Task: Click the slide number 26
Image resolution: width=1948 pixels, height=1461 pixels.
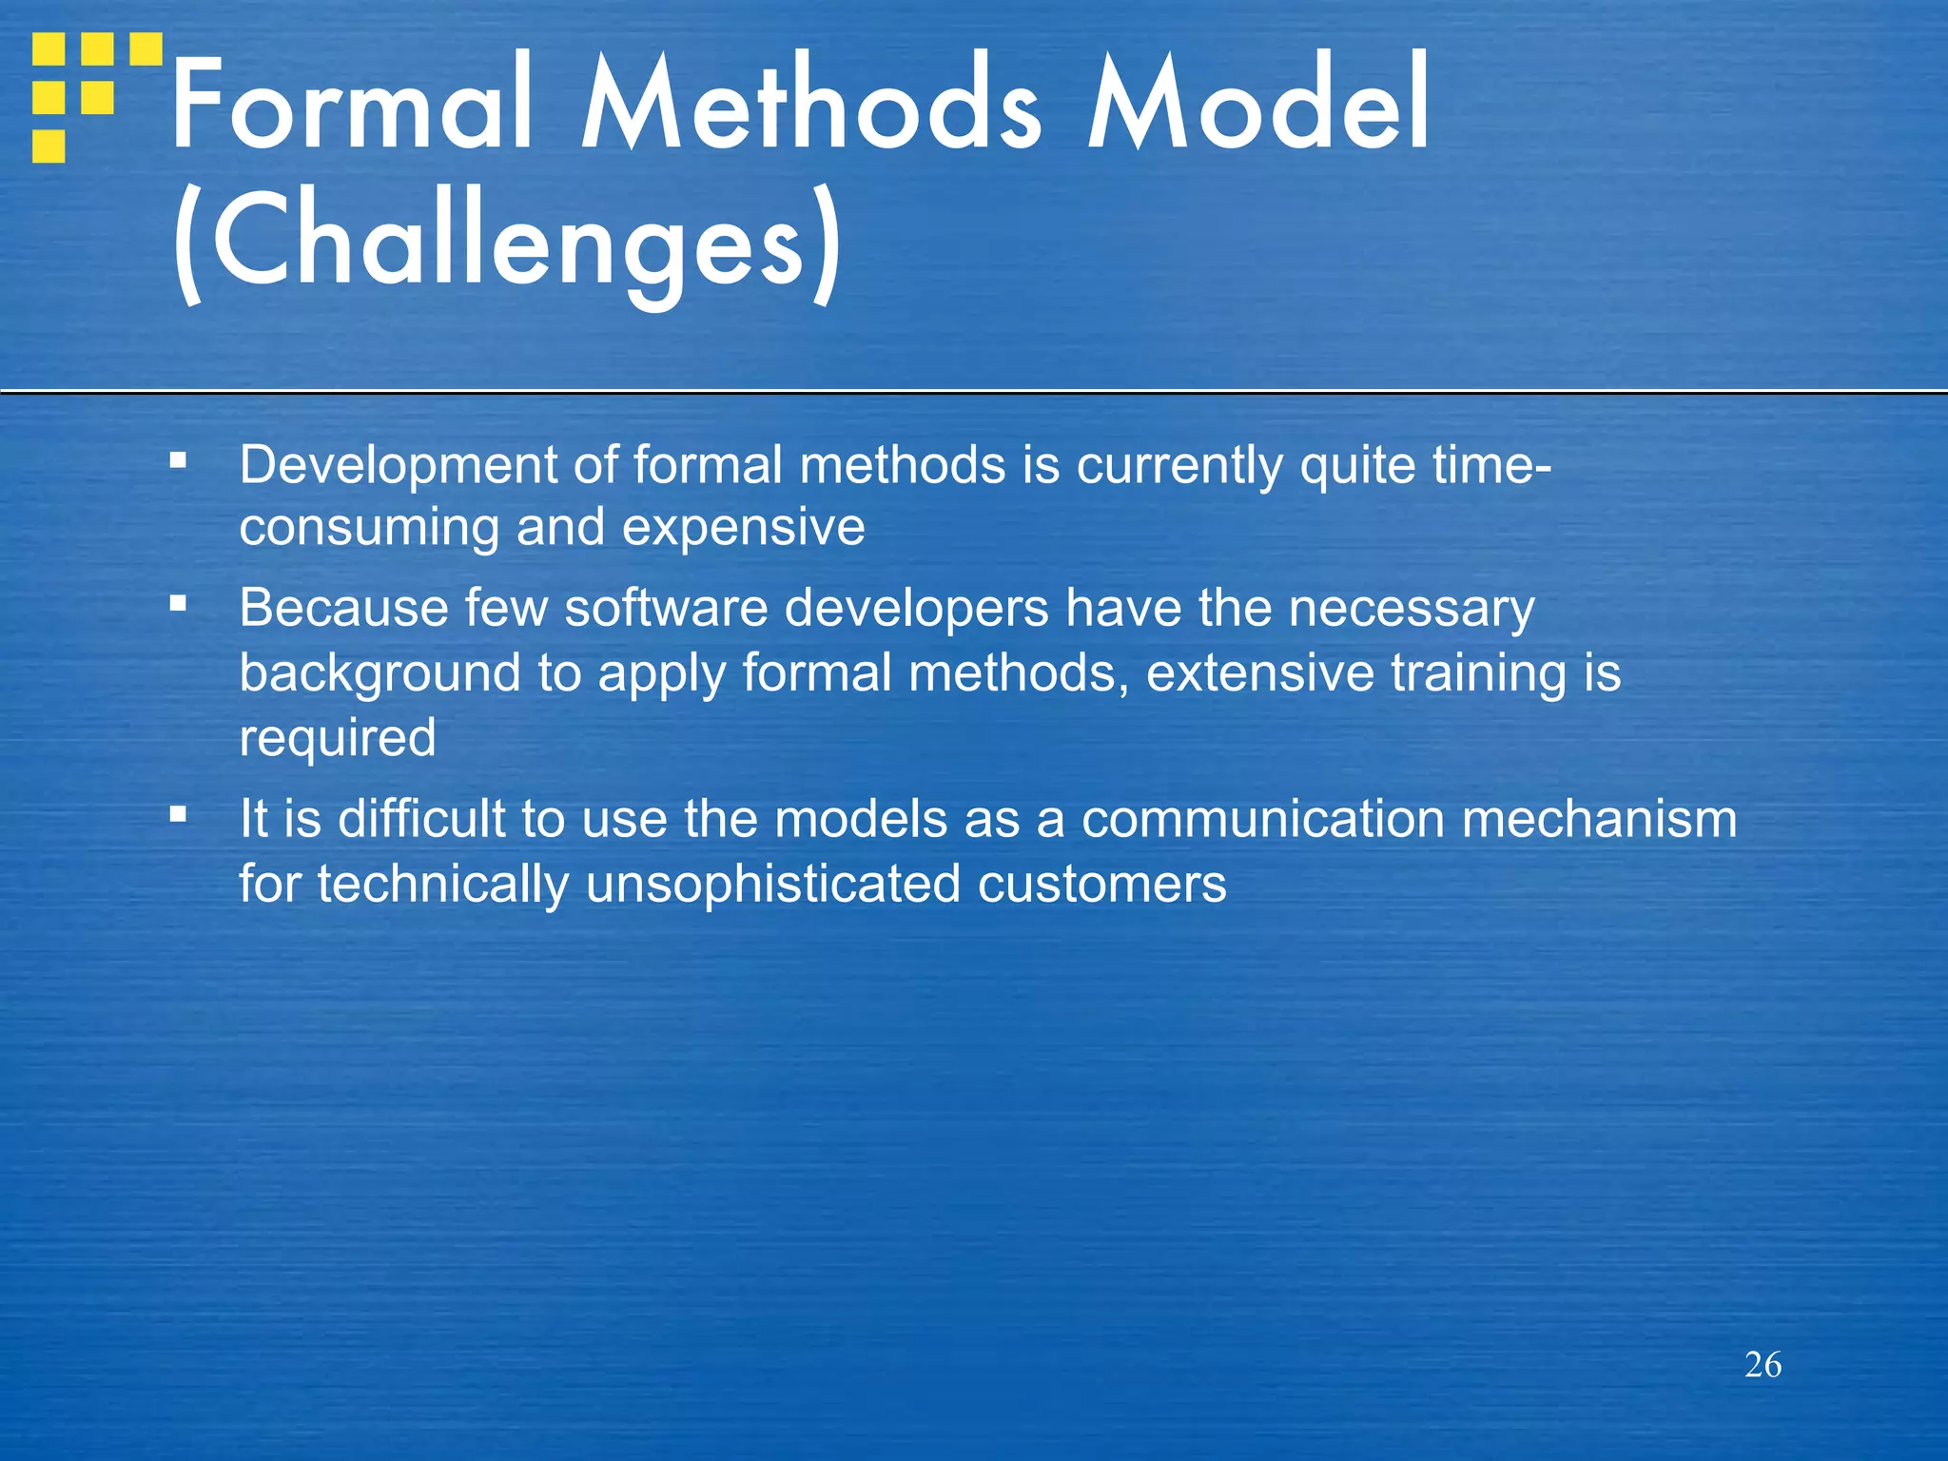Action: click(1763, 1365)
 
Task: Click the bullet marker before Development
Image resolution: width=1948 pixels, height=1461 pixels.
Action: click(178, 461)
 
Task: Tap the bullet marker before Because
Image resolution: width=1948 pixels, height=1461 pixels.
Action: click(178, 603)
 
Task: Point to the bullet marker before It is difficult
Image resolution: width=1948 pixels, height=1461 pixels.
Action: click(178, 814)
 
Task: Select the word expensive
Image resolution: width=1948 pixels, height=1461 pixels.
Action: click(743, 528)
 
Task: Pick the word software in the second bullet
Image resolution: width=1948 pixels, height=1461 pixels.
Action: click(666, 608)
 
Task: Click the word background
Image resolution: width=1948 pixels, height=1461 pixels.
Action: click(380, 674)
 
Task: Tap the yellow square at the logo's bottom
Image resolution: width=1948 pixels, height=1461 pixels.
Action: click(49, 146)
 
